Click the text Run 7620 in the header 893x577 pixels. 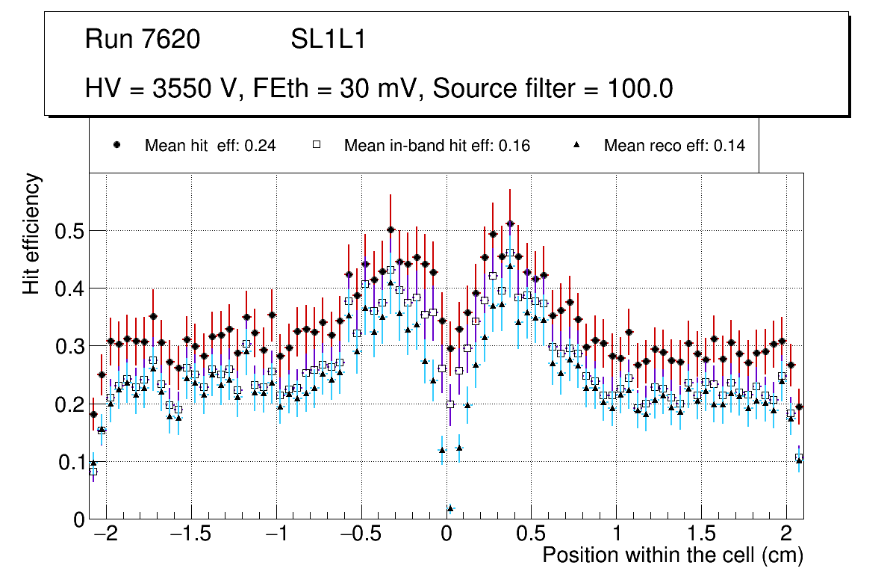point(143,40)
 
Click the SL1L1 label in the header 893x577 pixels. point(328,40)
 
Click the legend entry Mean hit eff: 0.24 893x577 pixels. point(210,146)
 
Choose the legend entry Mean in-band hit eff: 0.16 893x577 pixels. point(437,146)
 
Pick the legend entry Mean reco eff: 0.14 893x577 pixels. point(673,146)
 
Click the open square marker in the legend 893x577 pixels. point(317,146)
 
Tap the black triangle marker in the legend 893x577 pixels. point(576,146)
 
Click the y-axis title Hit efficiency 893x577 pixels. point(32,234)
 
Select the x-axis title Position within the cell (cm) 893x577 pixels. point(672,555)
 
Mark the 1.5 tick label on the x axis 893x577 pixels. point(701,535)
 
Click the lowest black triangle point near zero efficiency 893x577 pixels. point(450,509)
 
